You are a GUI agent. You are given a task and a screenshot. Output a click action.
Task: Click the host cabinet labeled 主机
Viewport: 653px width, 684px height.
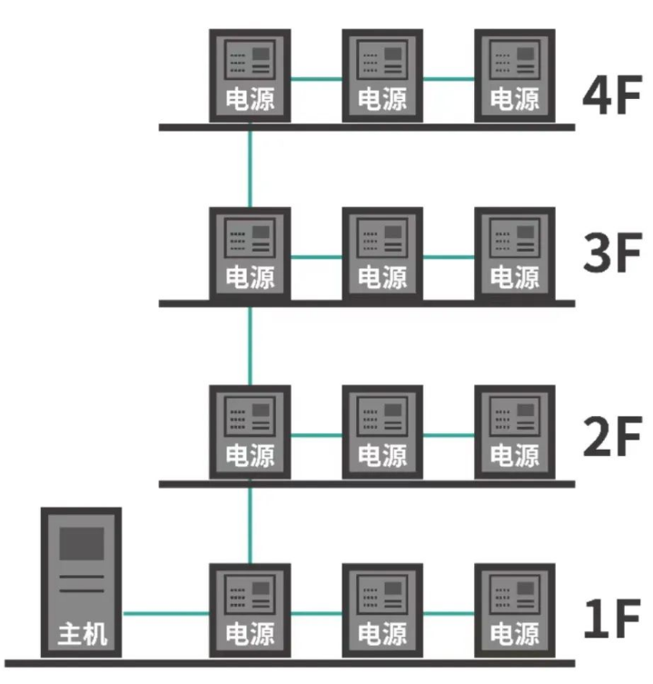coord(81,581)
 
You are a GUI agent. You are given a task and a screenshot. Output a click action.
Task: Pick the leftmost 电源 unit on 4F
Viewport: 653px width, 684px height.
coord(250,74)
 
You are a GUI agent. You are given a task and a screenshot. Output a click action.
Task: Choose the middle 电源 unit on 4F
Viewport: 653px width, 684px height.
coord(382,74)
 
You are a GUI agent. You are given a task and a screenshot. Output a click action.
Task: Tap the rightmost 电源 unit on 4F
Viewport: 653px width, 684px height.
coord(515,74)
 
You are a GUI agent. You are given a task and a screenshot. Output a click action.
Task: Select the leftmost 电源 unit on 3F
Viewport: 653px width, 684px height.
coord(250,253)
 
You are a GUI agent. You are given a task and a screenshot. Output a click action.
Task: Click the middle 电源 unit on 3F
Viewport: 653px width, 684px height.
coord(382,253)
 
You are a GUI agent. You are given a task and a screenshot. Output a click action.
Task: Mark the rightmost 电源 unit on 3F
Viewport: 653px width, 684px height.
coord(515,253)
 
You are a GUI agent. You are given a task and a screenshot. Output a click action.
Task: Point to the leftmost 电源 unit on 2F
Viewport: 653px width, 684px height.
coord(250,431)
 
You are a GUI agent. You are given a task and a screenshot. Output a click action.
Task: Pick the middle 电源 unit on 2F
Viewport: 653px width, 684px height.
coord(382,431)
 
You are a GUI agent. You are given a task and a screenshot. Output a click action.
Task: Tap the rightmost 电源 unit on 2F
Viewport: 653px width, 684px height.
coord(515,431)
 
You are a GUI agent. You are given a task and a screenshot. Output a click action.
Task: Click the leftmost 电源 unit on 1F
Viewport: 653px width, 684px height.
coord(250,610)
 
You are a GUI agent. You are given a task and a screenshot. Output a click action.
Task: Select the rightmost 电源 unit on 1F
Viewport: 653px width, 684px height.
coord(515,610)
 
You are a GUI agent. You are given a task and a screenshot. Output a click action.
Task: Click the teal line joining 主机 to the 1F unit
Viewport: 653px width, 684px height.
coord(165,613)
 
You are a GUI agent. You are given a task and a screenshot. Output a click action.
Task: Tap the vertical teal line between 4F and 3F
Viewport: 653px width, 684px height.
coord(250,168)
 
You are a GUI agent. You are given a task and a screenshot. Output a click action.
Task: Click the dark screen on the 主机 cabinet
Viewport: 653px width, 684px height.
coord(81,543)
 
